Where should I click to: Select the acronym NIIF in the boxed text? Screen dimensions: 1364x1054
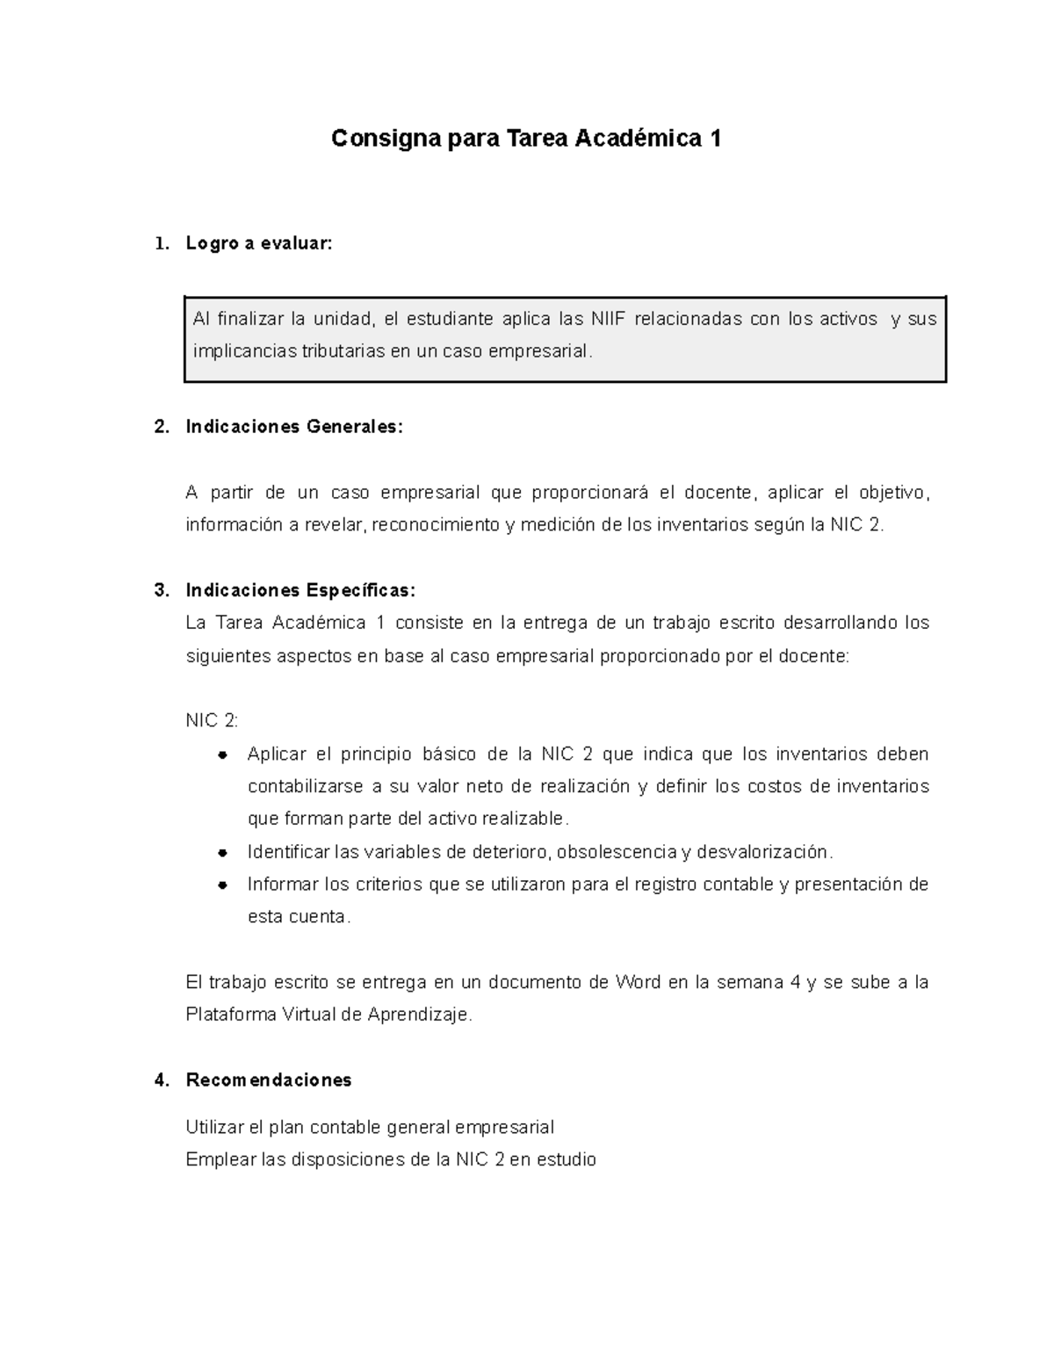coord(608,319)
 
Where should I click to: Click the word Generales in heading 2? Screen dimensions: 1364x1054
coord(353,427)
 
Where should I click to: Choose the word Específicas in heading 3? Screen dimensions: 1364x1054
coord(360,589)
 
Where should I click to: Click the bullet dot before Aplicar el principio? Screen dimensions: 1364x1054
coord(222,754)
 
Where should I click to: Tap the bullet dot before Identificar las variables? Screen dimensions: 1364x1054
coord(222,852)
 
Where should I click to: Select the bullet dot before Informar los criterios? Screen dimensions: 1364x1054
coord(222,884)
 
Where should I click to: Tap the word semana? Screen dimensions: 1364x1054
coord(749,982)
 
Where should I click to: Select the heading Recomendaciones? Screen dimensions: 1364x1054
coord(269,1079)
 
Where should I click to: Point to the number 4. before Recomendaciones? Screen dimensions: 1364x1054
coord(162,1079)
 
